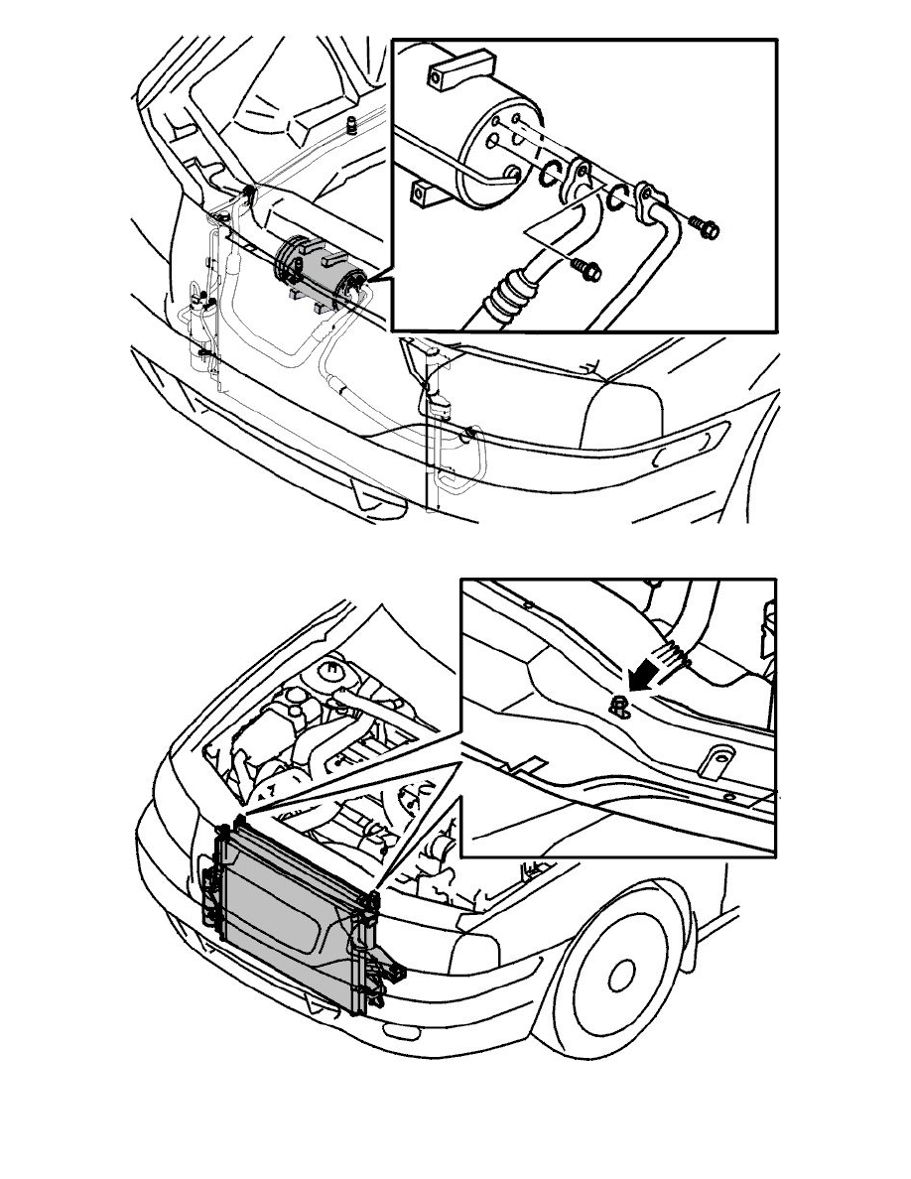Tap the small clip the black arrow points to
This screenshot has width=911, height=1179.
[x=619, y=706]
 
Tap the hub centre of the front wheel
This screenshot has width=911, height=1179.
[x=623, y=977]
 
